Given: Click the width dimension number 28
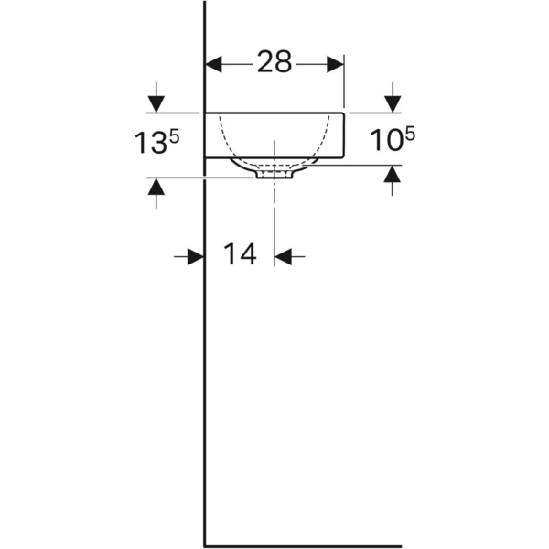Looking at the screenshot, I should point(274,62).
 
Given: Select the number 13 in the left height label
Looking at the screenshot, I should point(150,145).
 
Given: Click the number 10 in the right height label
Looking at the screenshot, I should point(386,142).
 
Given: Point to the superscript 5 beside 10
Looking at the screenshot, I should point(409,135).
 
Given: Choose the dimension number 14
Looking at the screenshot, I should point(240,255).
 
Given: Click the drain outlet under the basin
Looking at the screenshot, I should point(274,172).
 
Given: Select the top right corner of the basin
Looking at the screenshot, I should point(343,113).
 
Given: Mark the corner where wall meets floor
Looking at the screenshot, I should point(204,544).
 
